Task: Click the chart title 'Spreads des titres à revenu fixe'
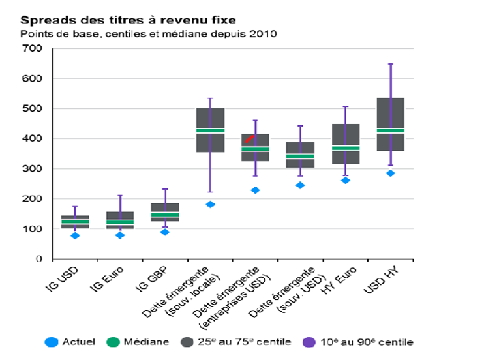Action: click(128, 20)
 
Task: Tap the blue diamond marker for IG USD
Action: click(75, 236)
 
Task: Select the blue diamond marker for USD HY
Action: click(391, 173)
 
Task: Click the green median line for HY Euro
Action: click(346, 148)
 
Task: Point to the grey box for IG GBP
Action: click(165, 212)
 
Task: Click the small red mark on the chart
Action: click(249, 139)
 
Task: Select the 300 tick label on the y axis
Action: click(32, 168)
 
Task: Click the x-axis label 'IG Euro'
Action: click(106, 279)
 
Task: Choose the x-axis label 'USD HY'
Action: click(381, 280)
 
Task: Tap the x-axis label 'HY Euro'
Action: click(339, 280)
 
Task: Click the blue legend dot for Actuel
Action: click(52, 342)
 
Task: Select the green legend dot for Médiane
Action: click(113, 342)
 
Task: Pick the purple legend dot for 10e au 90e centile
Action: click(309, 342)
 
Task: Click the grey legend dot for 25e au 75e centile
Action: click(187, 342)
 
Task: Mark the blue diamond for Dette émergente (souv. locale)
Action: click(210, 204)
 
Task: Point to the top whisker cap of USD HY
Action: click(391, 64)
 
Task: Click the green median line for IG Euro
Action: click(120, 222)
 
